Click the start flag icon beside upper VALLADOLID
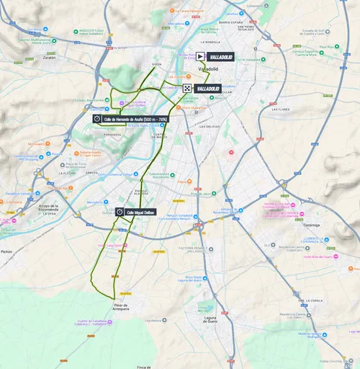200,56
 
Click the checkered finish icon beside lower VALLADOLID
187,88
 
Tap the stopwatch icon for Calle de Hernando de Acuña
96,119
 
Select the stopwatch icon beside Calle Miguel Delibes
119,213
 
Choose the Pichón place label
7,252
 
